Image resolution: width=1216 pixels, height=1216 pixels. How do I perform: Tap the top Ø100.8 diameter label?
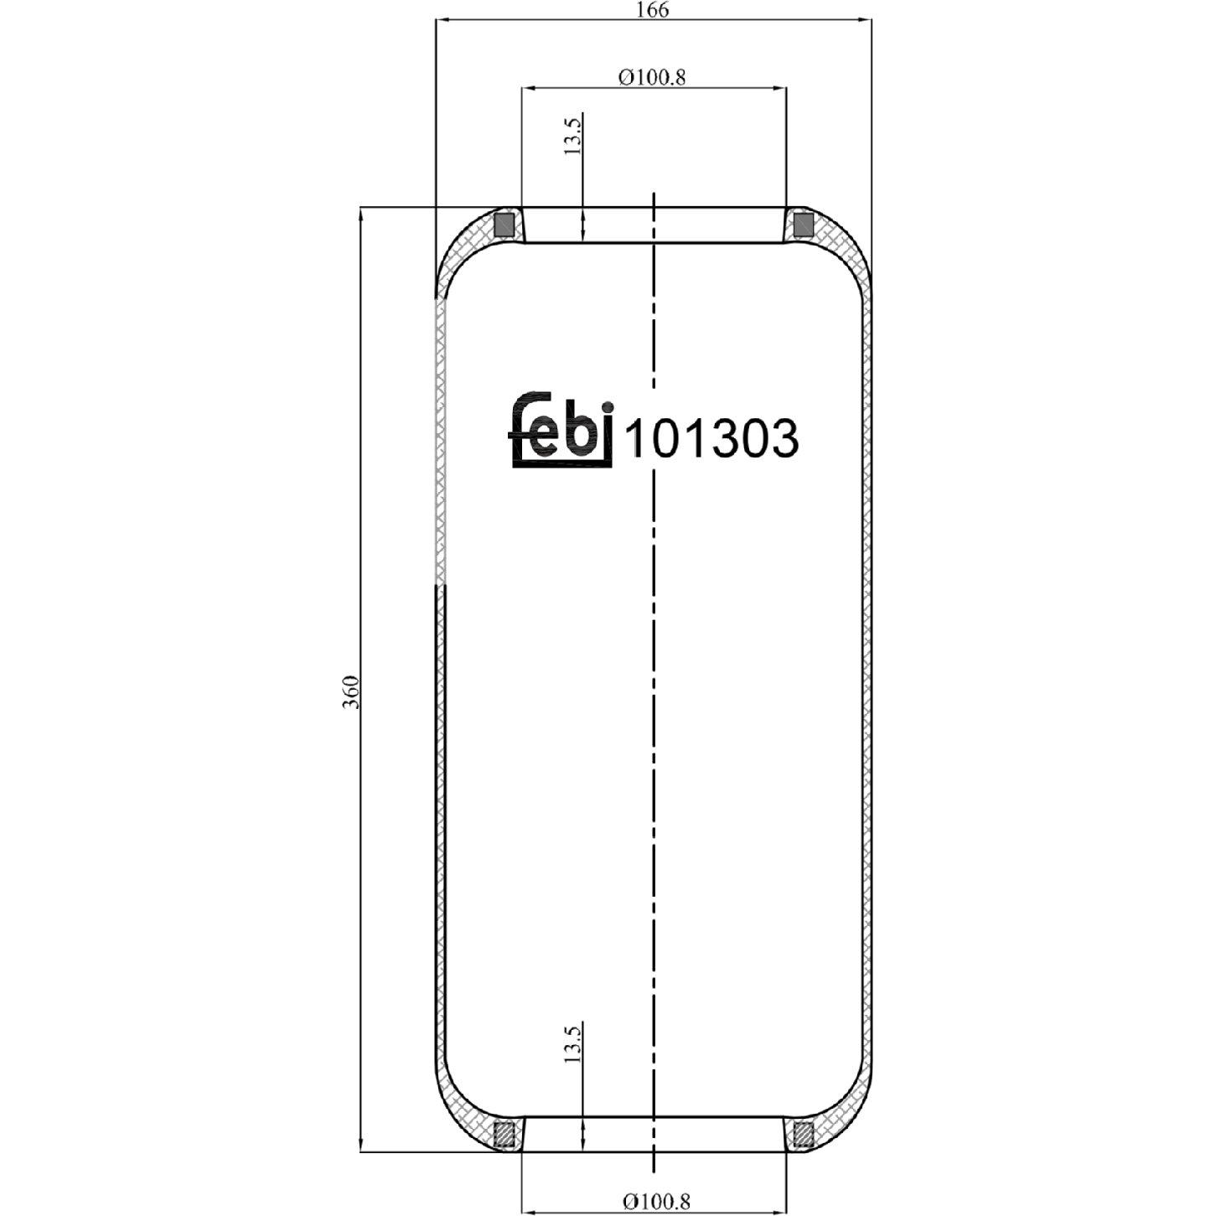[x=653, y=77]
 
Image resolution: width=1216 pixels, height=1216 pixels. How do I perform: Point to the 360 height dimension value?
[x=351, y=691]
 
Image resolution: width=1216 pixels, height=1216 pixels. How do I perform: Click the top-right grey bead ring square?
[x=803, y=225]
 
